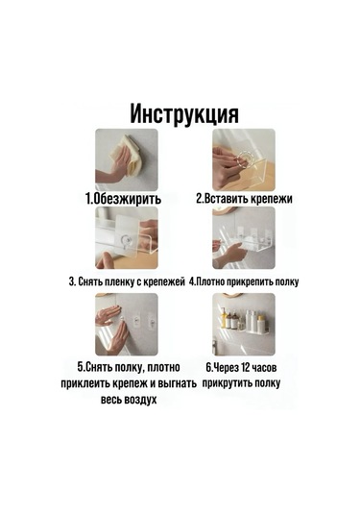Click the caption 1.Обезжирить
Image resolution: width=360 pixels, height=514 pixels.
click(x=122, y=199)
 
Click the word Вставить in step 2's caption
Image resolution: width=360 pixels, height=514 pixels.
click(x=227, y=199)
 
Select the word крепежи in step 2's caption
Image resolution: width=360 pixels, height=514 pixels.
click(x=271, y=199)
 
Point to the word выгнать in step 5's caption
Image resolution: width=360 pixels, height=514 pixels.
click(x=176, y=382)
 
